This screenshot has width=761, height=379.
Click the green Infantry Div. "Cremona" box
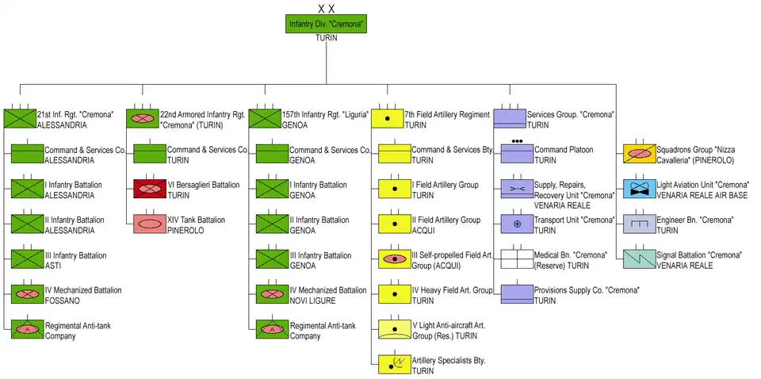point(326,24)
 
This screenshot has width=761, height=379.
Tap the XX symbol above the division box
point(326,8)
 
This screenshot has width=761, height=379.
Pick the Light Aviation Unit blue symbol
point(639,189)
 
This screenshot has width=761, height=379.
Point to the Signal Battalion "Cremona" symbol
point(639,258)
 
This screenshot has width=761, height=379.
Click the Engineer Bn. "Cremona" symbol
point(639,224)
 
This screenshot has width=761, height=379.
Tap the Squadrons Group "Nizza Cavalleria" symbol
point(639,154)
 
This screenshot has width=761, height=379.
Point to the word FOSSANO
point(63,301)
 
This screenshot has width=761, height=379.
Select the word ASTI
point(52,266)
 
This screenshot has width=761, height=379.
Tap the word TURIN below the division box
point(326,38)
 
